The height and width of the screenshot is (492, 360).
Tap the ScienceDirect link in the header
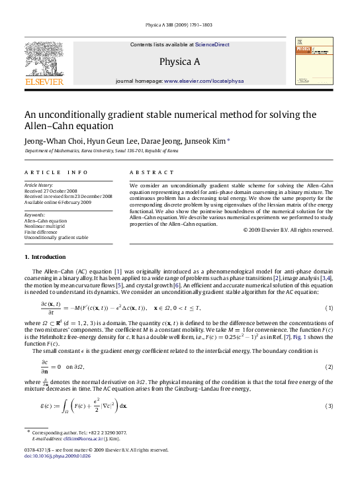[x=212, y=45]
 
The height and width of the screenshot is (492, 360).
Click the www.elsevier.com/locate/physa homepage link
[x=204, y=81]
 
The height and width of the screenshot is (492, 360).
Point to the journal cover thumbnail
[x=314, y=62]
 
